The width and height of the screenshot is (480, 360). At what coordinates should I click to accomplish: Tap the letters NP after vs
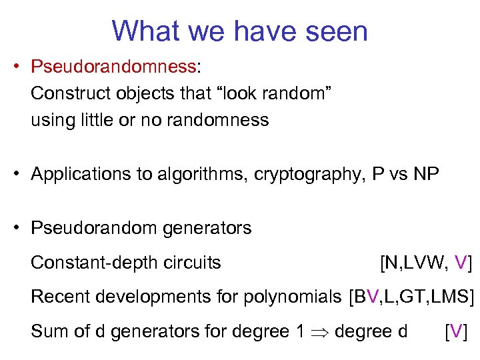[x=425, y=175]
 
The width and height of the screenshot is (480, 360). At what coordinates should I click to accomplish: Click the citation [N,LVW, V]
[x=425, y=263]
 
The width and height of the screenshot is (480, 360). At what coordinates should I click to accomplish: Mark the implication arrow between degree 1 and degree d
[x=317, y=331]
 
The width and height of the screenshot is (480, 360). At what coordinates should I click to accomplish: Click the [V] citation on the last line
[x=456, y=331]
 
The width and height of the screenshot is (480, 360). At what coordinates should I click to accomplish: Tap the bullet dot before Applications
[x=20, y=175]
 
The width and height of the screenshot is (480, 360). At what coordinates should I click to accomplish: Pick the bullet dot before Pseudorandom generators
[x=20, y=228]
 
